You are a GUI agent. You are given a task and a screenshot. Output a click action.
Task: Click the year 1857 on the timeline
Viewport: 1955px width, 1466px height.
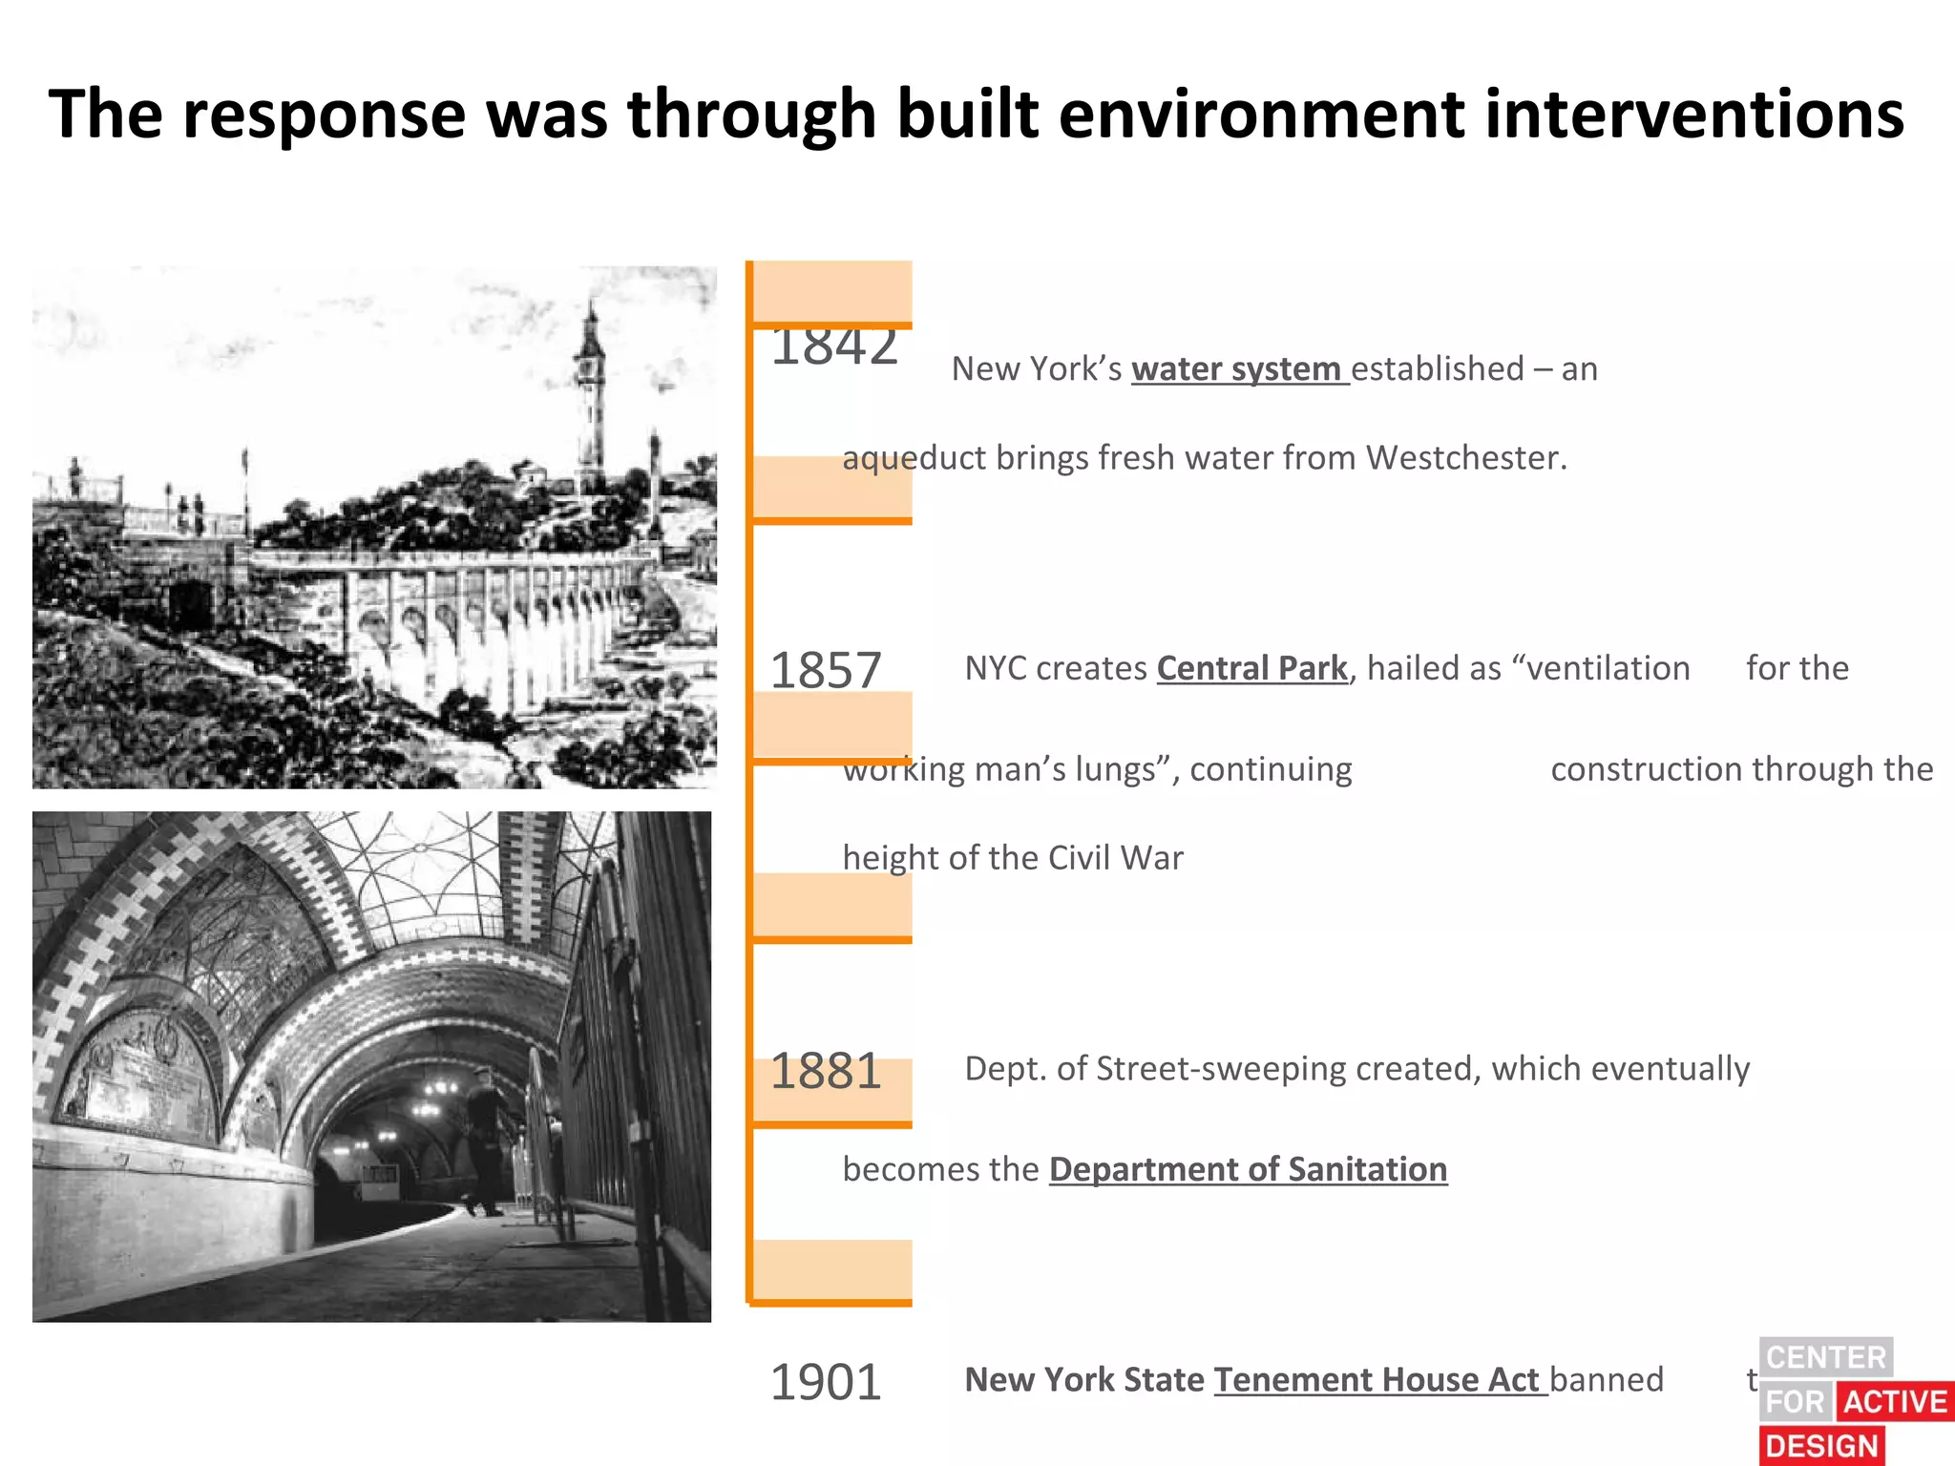tap(826, 671)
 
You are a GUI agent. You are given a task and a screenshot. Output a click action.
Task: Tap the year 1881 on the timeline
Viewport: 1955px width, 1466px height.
tap(826, 1071)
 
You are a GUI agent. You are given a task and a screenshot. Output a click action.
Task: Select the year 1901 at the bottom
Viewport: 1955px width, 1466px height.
tap(826, 1382)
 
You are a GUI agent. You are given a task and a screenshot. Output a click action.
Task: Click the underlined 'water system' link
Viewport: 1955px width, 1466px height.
tap(1238, 369)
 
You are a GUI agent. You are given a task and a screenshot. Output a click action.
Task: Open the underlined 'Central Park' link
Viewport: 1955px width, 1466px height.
tap(1251, 669)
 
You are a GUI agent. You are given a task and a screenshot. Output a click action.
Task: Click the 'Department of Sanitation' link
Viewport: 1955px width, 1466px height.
tap(1248, 1170)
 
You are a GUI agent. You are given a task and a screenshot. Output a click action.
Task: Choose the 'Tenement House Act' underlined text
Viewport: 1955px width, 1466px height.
tap(1378, 1380)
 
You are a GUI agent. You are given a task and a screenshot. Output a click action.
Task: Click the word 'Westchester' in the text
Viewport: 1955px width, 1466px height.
tap(1464, 458)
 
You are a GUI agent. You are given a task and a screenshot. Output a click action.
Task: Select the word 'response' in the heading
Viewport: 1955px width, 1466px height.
tap(325, 115)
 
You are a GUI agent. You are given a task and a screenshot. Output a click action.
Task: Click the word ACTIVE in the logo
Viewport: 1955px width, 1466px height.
tap(1894, 1401)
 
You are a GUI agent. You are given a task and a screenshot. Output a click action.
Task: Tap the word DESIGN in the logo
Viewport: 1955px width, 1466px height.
tap(1821, 1446)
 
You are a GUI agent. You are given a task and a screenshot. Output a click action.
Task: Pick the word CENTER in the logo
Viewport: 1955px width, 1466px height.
tap(1825, 1357)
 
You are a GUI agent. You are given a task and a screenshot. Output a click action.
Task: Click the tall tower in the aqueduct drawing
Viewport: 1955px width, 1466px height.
tap(592, 401)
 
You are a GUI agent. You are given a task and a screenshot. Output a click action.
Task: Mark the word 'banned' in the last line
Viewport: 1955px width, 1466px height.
tap(1607, 1380)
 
